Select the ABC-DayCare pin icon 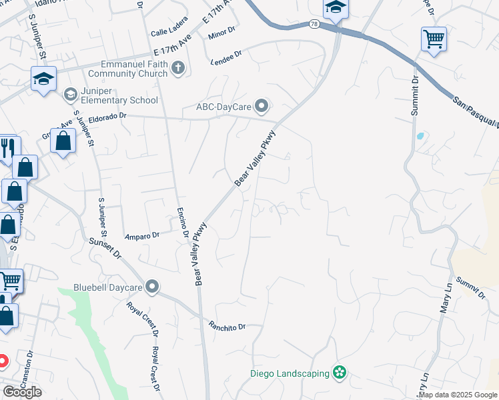(262, 105)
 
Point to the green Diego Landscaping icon (340, 372)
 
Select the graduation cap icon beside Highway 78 (336, 9)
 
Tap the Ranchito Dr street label (227, 327)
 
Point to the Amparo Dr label (142, 235)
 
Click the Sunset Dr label (105, 249)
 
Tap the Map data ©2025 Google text (457, 395)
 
